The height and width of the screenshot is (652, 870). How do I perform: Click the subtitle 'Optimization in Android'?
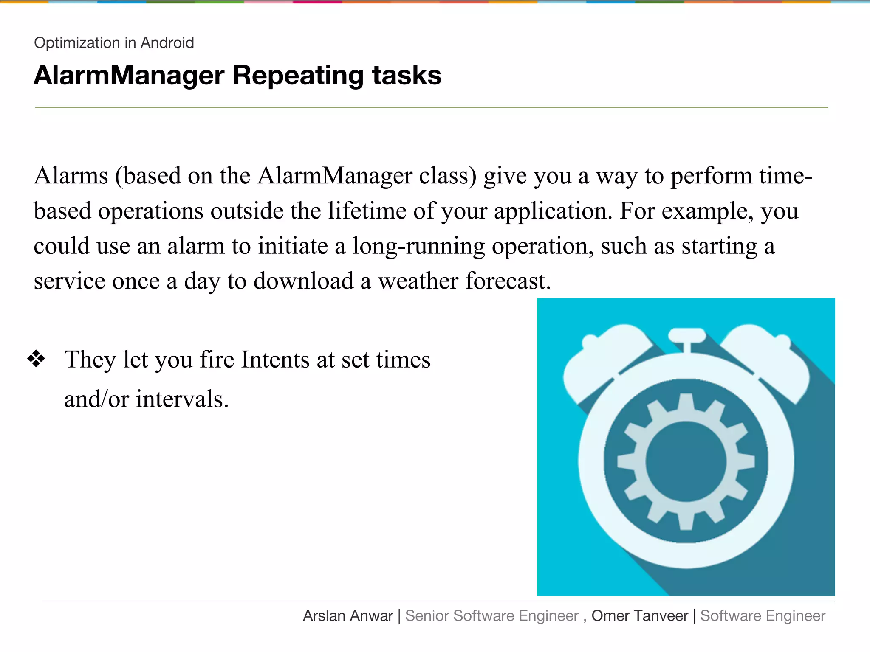tap(114, 43)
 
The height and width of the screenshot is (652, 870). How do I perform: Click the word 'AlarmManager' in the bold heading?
tap(129, 76)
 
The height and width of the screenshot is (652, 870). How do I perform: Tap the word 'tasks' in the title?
tap(407, 76)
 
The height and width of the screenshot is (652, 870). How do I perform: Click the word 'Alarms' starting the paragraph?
tap(71, 176)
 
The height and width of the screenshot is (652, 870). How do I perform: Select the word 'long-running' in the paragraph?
tap(418, 247)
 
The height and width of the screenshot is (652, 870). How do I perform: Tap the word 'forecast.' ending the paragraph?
tap(508, 281)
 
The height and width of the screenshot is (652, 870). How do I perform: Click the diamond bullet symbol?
tap(37, 359)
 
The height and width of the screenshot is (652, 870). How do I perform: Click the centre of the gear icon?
tap(686, 461)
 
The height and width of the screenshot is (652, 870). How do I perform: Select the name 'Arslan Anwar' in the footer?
tap(348, 616)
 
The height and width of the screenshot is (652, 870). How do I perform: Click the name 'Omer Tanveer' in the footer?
tap(639, 616)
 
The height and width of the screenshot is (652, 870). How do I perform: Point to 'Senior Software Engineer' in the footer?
tap(491, 616)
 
